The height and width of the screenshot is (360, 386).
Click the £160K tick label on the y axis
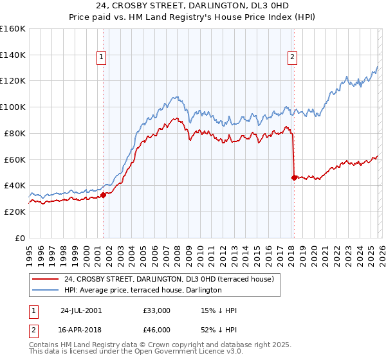coord(13,29)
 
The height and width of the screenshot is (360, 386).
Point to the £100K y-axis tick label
coord(13,107)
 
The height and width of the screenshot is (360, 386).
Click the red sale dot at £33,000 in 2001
coord(103,195)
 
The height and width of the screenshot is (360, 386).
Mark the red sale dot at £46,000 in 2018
coord(294,177)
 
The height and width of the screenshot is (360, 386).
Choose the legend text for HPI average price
coord(143,291)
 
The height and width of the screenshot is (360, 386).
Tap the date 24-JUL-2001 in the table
coord(81,310)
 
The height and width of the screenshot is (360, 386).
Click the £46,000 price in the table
coord(157,329)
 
